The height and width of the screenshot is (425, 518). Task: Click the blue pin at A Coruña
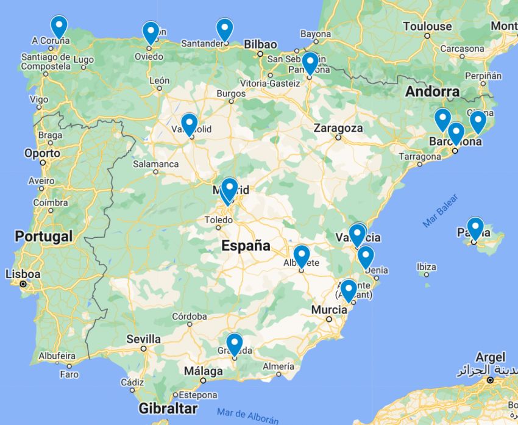click(x=59, y=26)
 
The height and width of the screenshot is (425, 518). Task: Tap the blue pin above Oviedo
click(x=151, y=32)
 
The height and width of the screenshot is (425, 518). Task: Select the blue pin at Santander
click(x=225, y=29)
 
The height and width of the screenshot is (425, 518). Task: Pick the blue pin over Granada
click(x=234, y=343)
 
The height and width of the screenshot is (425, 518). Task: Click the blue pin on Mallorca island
click(x=475, y=228)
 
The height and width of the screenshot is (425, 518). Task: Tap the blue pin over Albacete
click(x=302, y=255)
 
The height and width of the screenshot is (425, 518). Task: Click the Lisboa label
click(x=23, y=274)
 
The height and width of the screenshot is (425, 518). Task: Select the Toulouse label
click(x=427, y=26)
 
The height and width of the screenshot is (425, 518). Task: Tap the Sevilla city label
click(x=143, y=339)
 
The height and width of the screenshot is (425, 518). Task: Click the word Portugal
click(x=44, y=236)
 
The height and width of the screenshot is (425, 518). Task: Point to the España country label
click(x=246, y=246)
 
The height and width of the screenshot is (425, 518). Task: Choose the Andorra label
click(x=432, y=92)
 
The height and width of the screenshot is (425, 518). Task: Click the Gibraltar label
click(x=168, y=408)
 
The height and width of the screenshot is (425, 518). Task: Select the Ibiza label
click(x=426, y=267)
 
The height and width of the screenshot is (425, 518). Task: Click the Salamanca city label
click(x=157, y=163)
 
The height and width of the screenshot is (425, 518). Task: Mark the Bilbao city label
click(x=260, y=45)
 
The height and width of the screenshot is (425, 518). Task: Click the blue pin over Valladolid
click(x=189, y=124)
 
